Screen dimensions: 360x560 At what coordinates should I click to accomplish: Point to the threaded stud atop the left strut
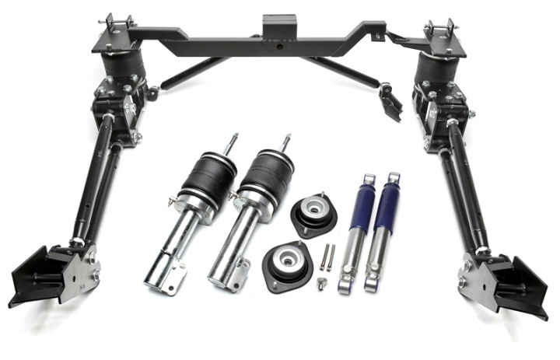231,144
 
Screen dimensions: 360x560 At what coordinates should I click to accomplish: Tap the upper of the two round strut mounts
313,215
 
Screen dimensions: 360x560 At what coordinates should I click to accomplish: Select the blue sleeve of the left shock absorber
362,203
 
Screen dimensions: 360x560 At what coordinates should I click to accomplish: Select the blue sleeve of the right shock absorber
387,204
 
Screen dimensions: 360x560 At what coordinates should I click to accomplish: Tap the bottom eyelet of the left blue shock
344,289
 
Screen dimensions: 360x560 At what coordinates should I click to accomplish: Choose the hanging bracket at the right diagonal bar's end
391,101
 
